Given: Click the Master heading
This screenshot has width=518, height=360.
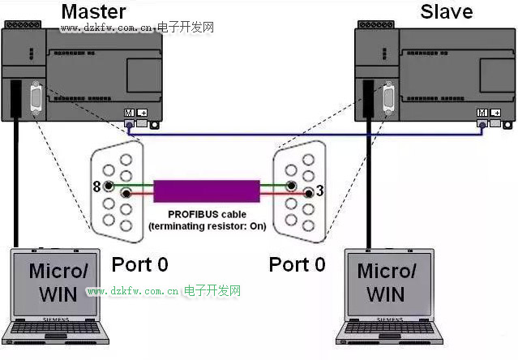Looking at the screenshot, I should pyautogui.click(x=94, y=11).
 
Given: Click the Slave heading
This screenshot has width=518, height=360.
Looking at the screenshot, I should pyautogui.click(x=447, y=11).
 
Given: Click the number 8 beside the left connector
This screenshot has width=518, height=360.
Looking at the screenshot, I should pyautogui.click(x=96, y=187).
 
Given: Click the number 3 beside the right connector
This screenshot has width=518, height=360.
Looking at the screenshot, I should pyautogui.click(x=321, y=191).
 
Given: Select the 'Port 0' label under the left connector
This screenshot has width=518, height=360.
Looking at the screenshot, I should pyautogui.click(x=139, y=264).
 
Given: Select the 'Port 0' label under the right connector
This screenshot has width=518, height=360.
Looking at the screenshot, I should pyautogui.click(x=297, y=264).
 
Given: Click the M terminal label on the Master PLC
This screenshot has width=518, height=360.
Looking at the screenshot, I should pyautogui.click(x=129, y=113).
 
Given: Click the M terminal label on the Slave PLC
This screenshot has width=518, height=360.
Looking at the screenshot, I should pyautogui.click(x=482, y=113).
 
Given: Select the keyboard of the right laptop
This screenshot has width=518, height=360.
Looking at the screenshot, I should pyautogui.click(x=387, y=331).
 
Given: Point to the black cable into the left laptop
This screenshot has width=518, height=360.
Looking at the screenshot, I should pyautogui.click(x=15, y=186).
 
